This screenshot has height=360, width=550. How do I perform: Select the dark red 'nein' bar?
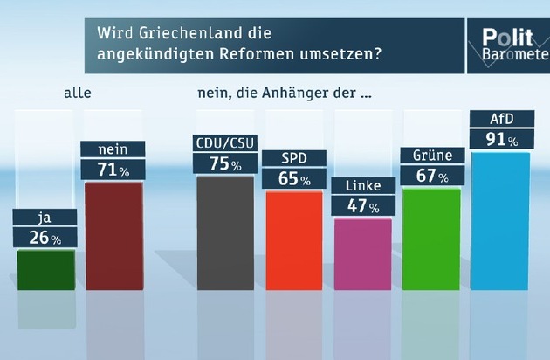(x=113, y=236)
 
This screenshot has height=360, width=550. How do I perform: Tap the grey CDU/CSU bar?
(x=225, y=232)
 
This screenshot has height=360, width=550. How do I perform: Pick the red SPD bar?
(x=294, y=240)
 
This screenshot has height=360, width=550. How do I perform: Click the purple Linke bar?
(x=362, y=253)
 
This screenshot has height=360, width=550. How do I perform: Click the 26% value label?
(x=45, y=238)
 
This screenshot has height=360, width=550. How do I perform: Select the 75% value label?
(x=225, y=163)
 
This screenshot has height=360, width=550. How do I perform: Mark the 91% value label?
(x=499, y=140)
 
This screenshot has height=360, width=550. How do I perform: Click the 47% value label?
(x=362, y=207)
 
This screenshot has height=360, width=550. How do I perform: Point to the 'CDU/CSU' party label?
(x=225, y=142)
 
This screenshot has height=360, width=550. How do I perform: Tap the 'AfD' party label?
(x=499, y=119)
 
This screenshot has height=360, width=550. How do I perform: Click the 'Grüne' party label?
(x=431, y=156)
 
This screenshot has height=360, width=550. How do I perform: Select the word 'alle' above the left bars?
(x=78, y=91)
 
